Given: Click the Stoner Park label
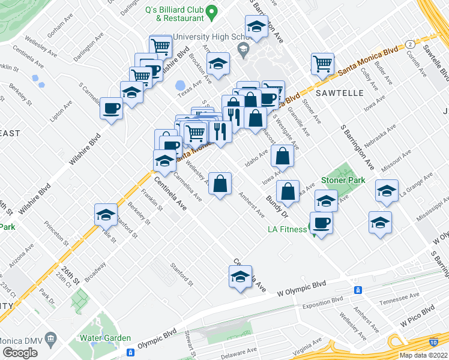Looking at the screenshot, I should click(343, 180).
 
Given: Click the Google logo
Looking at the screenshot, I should click(20, 352).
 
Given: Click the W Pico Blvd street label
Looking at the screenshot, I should click(418, 313).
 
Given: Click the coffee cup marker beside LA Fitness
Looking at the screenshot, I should click(321, 223).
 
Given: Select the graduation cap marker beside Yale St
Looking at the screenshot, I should click(106, 215).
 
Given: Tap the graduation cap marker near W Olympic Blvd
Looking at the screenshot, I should click(240, 277).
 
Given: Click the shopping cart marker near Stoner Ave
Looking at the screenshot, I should click(322, 63).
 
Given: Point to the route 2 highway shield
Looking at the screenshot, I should click(408, 44).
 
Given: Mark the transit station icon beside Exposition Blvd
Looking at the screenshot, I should click(358, 290).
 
